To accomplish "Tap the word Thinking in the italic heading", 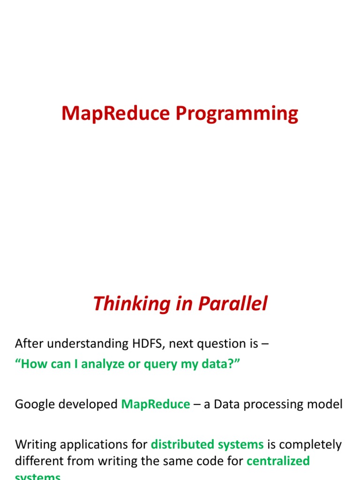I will (x=123, y=304).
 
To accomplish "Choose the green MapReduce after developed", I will (x=156, y=404).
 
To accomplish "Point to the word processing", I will (x=274, y=404).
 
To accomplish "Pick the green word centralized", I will (x=278, y=461).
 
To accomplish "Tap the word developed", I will (x=90, y=404).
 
